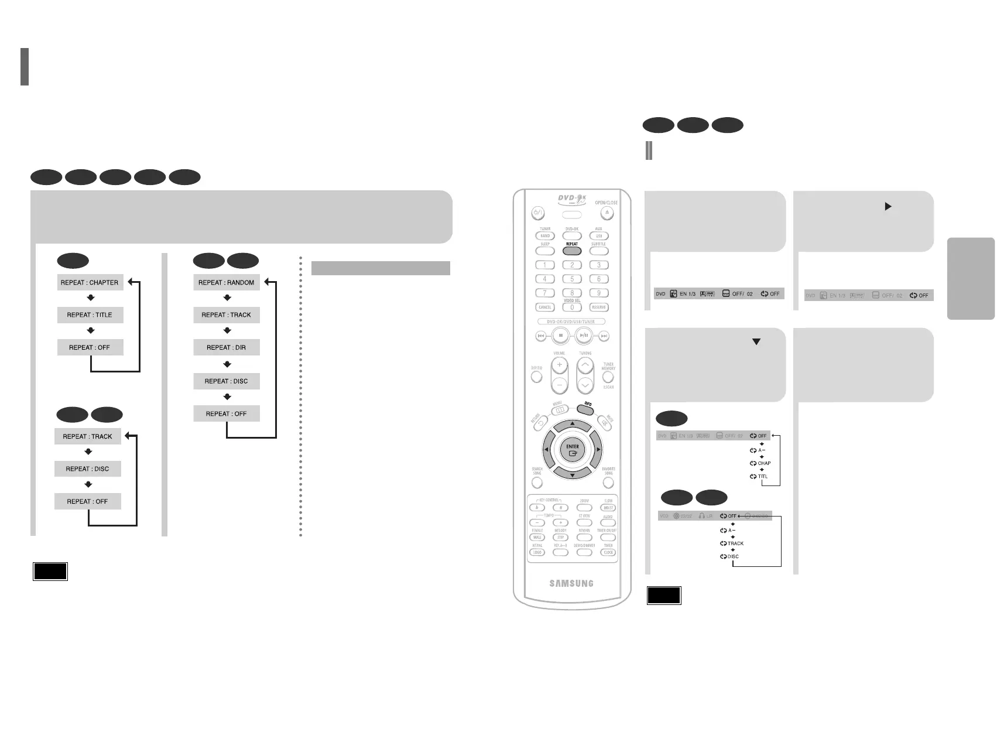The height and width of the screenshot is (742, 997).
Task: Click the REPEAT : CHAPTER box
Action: [90, 282]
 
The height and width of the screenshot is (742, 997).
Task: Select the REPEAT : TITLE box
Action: [90, 315]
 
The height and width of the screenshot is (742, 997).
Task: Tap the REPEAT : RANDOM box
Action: [227, 282]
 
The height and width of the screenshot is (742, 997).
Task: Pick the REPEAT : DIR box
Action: [227, 348]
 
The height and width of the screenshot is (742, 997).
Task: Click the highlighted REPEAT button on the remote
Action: [572, 251]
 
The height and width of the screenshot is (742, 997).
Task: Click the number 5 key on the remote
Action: [572, 279]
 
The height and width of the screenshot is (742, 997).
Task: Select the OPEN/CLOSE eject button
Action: [607, 214]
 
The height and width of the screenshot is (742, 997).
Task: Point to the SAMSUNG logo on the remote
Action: [571, 583]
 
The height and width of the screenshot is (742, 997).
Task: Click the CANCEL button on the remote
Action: [545, 307]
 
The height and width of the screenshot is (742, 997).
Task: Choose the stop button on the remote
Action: [561, 336]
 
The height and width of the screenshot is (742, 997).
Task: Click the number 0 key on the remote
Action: [572, 307]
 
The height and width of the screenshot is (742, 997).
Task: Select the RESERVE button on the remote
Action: [599, 307]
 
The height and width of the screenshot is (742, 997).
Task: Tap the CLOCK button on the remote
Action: [609, 552]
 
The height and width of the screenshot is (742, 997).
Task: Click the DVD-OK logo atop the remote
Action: [571, 198]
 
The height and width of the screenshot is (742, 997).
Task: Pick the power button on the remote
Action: [538, 214]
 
